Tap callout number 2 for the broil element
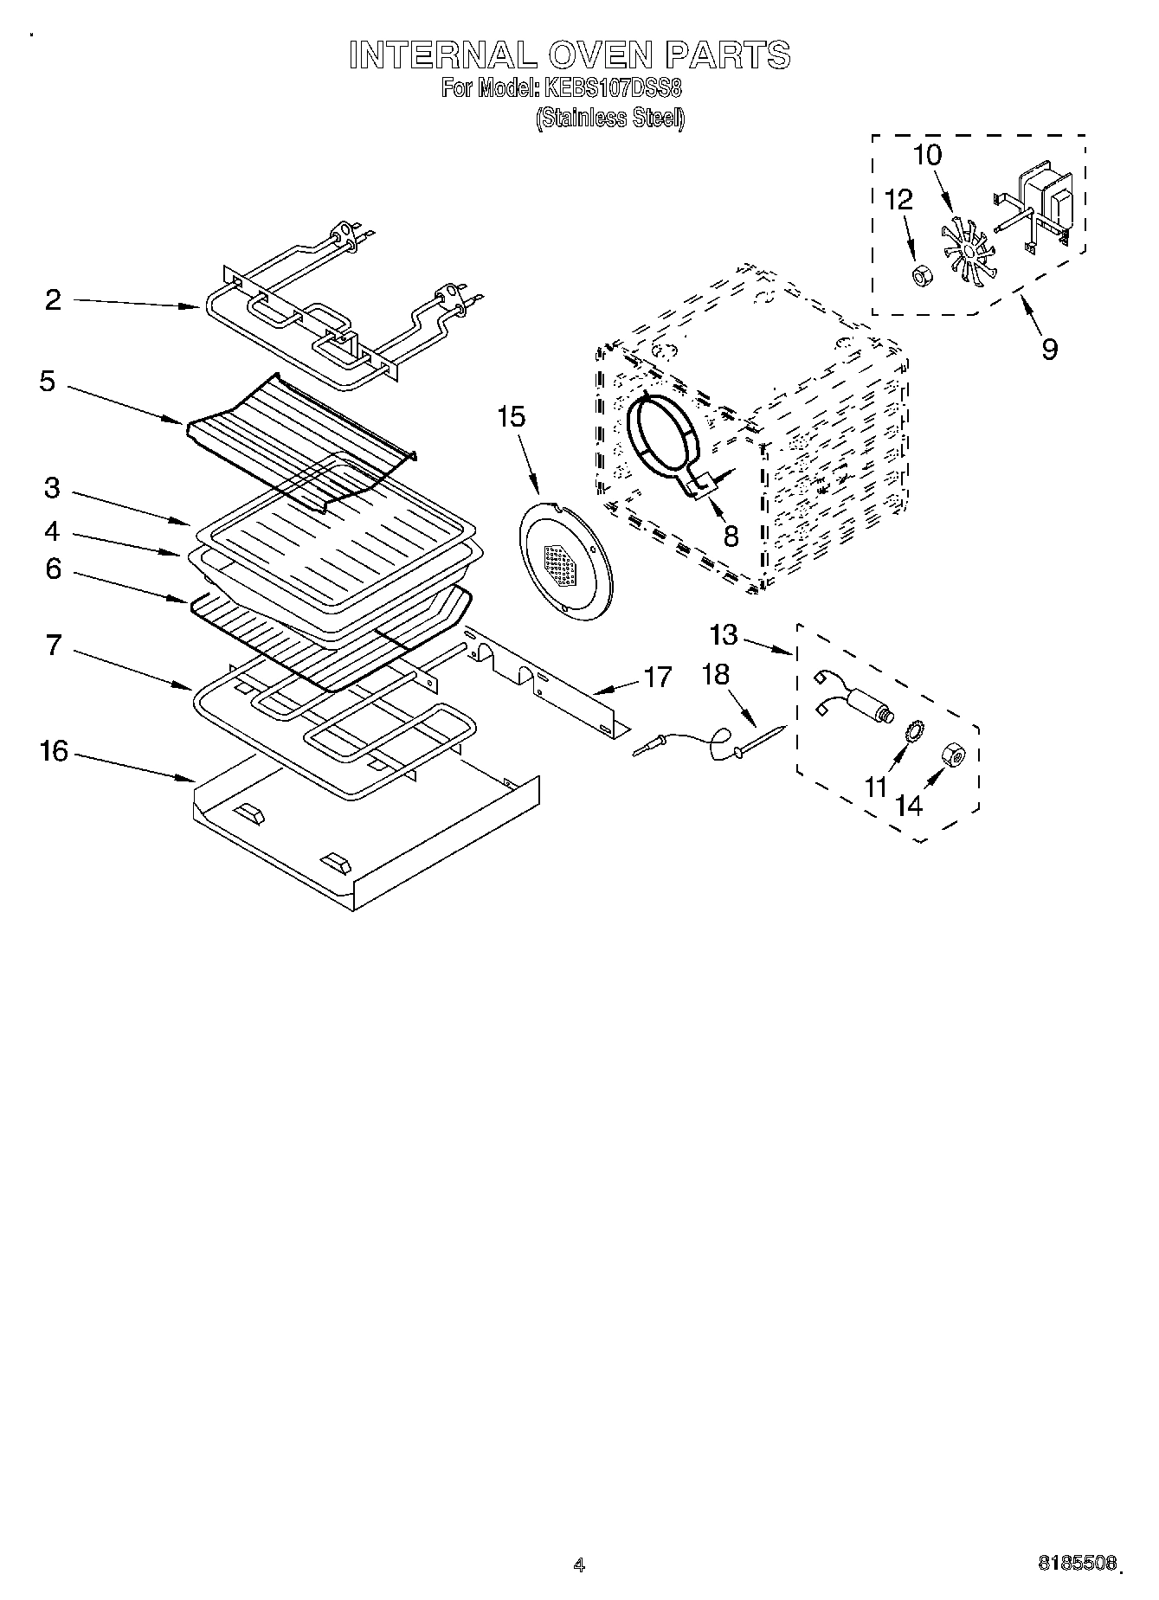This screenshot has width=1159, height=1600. point(54,300)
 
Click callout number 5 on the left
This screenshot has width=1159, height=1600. point(48,382)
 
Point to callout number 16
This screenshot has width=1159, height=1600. point(54,751)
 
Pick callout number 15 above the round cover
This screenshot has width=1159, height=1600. point(511,417)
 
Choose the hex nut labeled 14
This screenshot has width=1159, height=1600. point(955,755)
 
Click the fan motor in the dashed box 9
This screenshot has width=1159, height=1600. point(1043,205)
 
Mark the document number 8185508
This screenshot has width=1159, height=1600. point(1077,1564)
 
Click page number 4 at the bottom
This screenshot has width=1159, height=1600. point(579,1565)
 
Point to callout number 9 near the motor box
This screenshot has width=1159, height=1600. point(1049,350)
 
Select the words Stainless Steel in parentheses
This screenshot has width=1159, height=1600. point(610,118)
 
